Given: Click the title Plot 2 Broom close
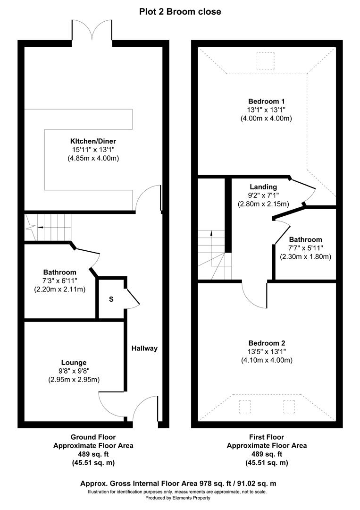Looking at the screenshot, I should [x=180, y=12].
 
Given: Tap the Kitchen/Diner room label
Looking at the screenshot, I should [x=93, y=141].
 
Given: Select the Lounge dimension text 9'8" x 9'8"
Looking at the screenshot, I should [x=73, y=371].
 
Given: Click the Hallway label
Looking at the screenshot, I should [x=144, y=348].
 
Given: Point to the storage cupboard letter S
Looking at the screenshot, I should [x=111, y=299].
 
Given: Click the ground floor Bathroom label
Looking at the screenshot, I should [x=59, y=272].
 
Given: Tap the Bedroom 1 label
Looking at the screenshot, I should [x=267, y=101].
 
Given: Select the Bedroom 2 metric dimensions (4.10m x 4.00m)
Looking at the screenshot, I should [x=267, y=360].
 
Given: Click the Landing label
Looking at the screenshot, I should [x=263, y=187].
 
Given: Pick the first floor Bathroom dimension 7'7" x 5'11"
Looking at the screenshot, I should [x=305, y=248].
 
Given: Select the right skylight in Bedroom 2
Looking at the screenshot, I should [x=289, y=407].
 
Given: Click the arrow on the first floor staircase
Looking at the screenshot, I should [x=211, y=233].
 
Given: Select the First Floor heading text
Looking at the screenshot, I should [x=267, y=437].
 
